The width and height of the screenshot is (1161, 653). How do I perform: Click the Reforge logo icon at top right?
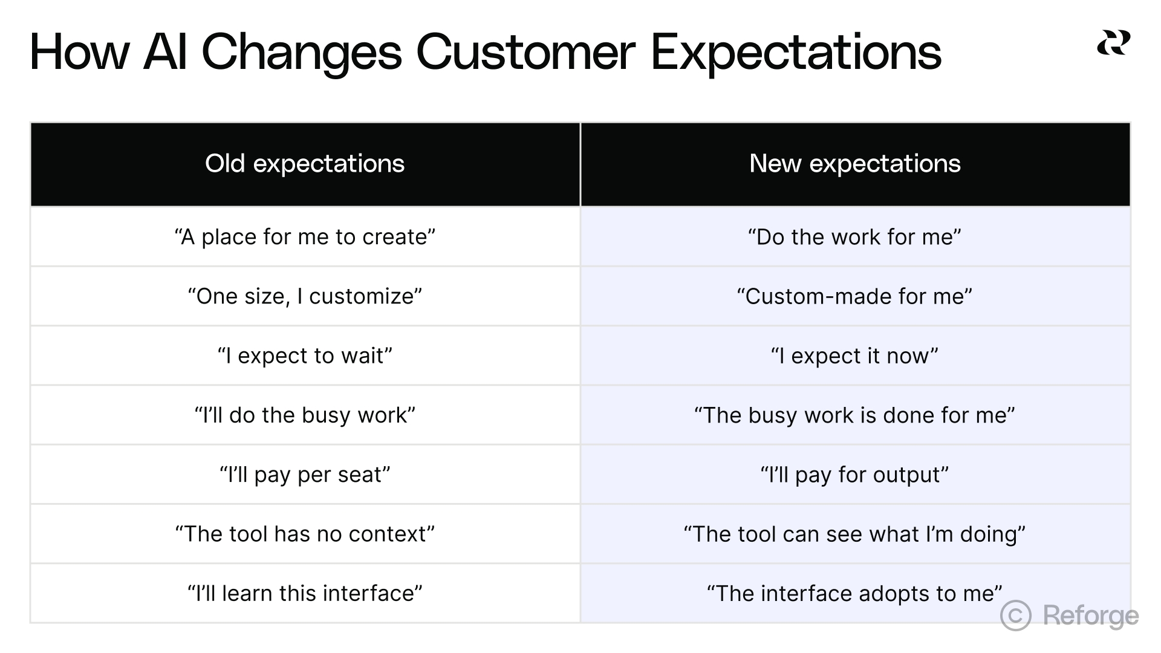click(x=1113, y=42)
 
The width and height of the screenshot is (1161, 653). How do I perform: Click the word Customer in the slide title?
click(x=525, y=52)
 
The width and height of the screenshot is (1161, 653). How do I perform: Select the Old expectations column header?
click(x=305, y=163)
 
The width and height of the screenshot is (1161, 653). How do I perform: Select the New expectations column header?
click(x=855, y=163)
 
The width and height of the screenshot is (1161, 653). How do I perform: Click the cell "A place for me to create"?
click(x=305, y=237)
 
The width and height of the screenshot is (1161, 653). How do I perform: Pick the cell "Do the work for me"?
click(x=854, y=237)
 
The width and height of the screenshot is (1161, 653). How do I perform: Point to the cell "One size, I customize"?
click(x=305, y=296)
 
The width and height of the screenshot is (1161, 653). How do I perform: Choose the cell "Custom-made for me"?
click(x=854, y=296)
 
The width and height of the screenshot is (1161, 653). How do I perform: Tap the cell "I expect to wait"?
click(x=305, y=356)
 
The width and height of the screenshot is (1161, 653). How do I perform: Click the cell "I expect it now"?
click(x=854, y=356)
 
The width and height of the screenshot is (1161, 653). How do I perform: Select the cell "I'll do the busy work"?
click(x=305, y=415)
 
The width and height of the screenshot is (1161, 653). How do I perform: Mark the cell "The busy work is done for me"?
click(x=854, y=415)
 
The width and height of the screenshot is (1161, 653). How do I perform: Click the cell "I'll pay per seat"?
click(x=305, y=475)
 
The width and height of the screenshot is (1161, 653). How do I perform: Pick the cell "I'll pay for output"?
click(x=854, y=475)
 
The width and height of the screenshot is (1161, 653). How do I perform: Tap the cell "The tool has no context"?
click(x=305, y=534)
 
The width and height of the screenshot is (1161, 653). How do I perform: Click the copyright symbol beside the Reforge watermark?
click(x=1016, y=616)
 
